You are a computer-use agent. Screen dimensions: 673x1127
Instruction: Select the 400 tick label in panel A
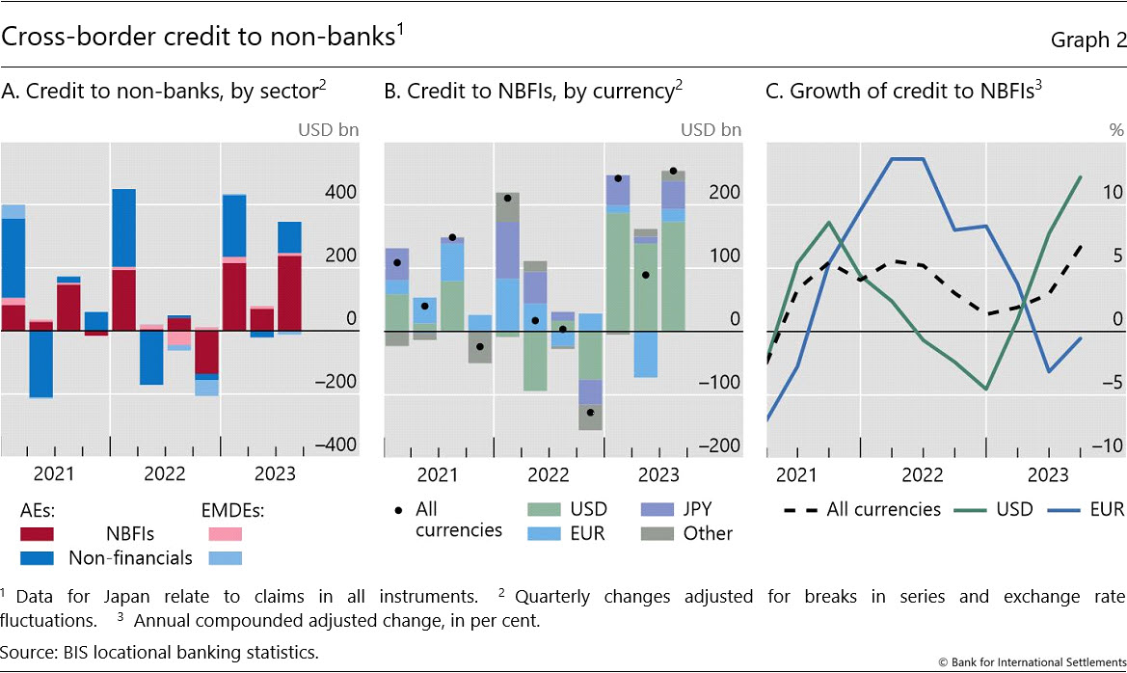click(x=339, y=193)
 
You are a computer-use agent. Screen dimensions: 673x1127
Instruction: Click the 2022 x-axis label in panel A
click(x=165, y=474)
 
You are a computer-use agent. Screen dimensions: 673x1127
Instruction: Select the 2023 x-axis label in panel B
click(x=659, y=474)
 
